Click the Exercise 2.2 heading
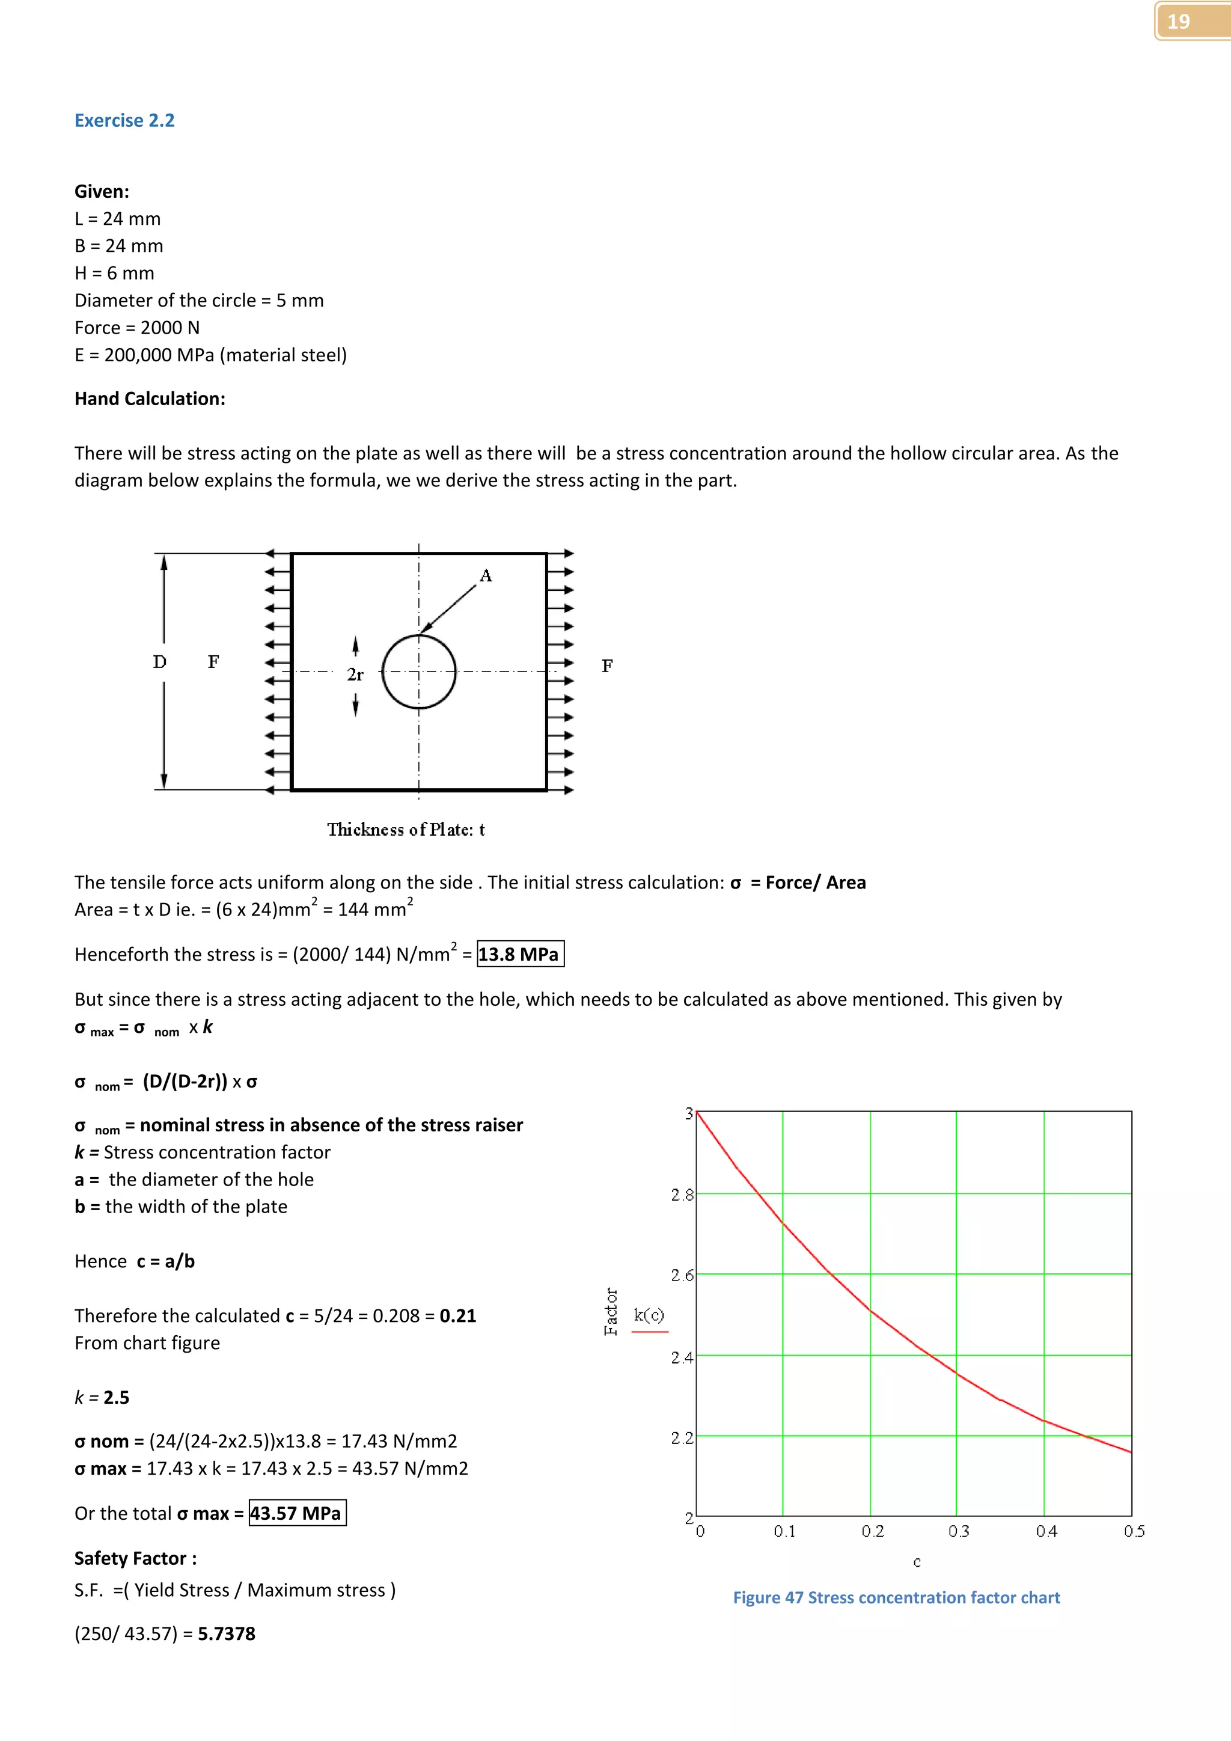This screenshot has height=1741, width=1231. pos(124,121)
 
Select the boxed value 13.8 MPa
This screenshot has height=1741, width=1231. pos(520,954)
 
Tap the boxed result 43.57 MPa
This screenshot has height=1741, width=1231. pos(297,1513)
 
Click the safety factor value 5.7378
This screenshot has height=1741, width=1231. pos(227,1633)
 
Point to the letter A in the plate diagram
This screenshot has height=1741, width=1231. pos(486,575)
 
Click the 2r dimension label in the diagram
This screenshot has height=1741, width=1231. pos(355,674)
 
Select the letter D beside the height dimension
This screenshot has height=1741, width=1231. pos(159,662)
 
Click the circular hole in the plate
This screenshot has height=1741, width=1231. pos(418,672)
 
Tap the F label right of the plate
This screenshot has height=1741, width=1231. pos(607,665)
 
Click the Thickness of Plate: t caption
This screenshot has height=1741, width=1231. pos(406,830)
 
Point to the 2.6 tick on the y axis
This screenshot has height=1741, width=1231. pos(682,1276)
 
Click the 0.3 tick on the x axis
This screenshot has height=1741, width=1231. pos(958,1531)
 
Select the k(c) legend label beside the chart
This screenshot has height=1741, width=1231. pos(649,1315)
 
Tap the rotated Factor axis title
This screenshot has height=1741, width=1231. pos(611,1311)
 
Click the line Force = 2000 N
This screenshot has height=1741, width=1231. pos(137,328)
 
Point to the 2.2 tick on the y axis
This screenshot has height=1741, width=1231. pos(682,1437)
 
